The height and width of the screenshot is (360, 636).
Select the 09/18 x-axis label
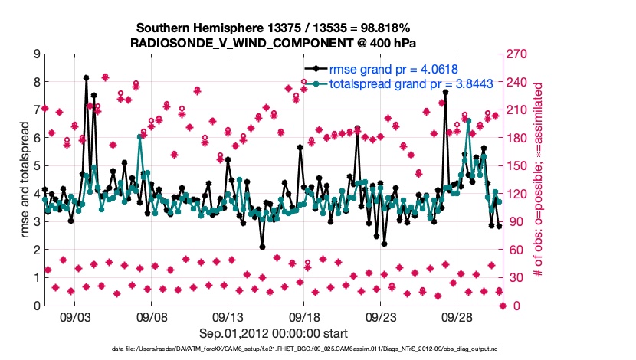tap(303, 316)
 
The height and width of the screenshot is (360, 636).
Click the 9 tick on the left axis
tap(36, 54)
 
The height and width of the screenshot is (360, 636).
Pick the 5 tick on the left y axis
tap(36, 166)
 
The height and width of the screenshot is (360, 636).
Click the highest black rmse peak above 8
tap(87, 77)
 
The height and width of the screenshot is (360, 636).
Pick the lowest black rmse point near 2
tap(262, 247)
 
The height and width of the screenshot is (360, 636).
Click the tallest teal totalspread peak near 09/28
tap(467, 121)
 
